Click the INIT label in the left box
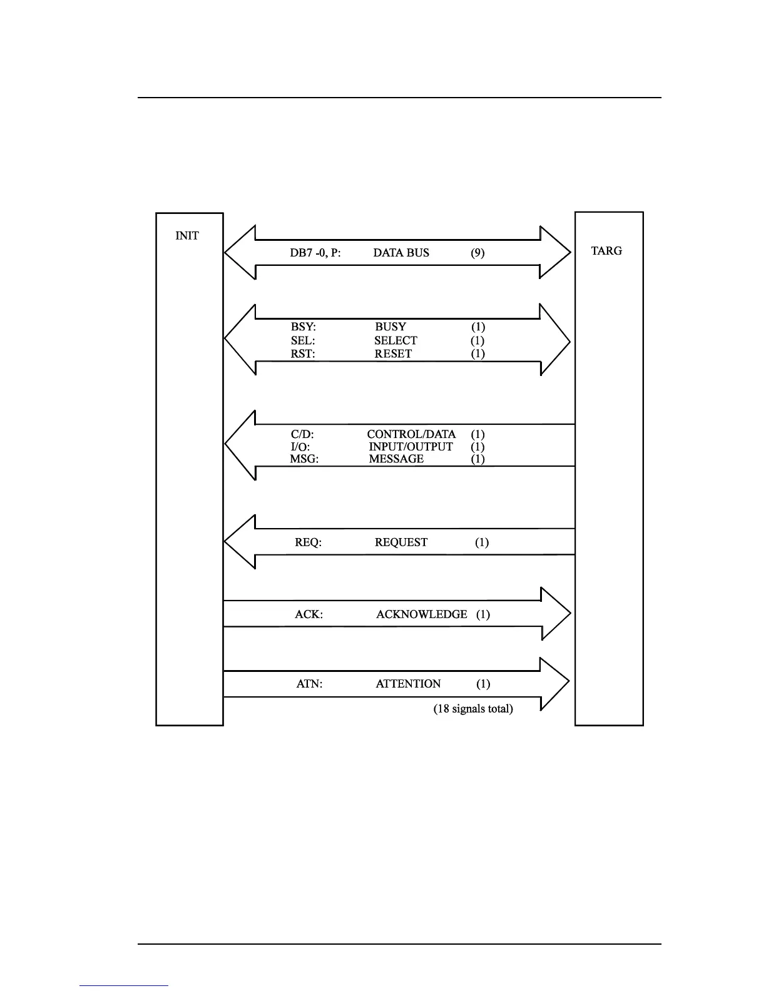click(x=187, y=236)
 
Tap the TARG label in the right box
click(x=606, y=251)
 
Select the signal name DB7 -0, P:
click(x=315, y=253)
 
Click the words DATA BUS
click(x=401, y=253)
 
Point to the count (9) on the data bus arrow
click(x=477, y=253)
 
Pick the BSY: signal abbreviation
click(x=304, y=327)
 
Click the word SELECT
click(x=396, y=340)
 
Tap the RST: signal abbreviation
click(x=303, y=353)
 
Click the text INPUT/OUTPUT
click(x=411, y=447)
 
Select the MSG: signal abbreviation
click(x=304, y=459)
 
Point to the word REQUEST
click(x=401, y=542)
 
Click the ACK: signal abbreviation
click(x=309, y=614)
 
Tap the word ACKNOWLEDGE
click(x=421, y=614)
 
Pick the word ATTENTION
click(x=408, y=684)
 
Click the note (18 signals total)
click(x=473, y=709)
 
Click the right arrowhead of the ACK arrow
click(x=555, y=614)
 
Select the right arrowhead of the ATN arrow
click(x=554, y=683)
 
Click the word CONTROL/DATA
click(x=411, y=434)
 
